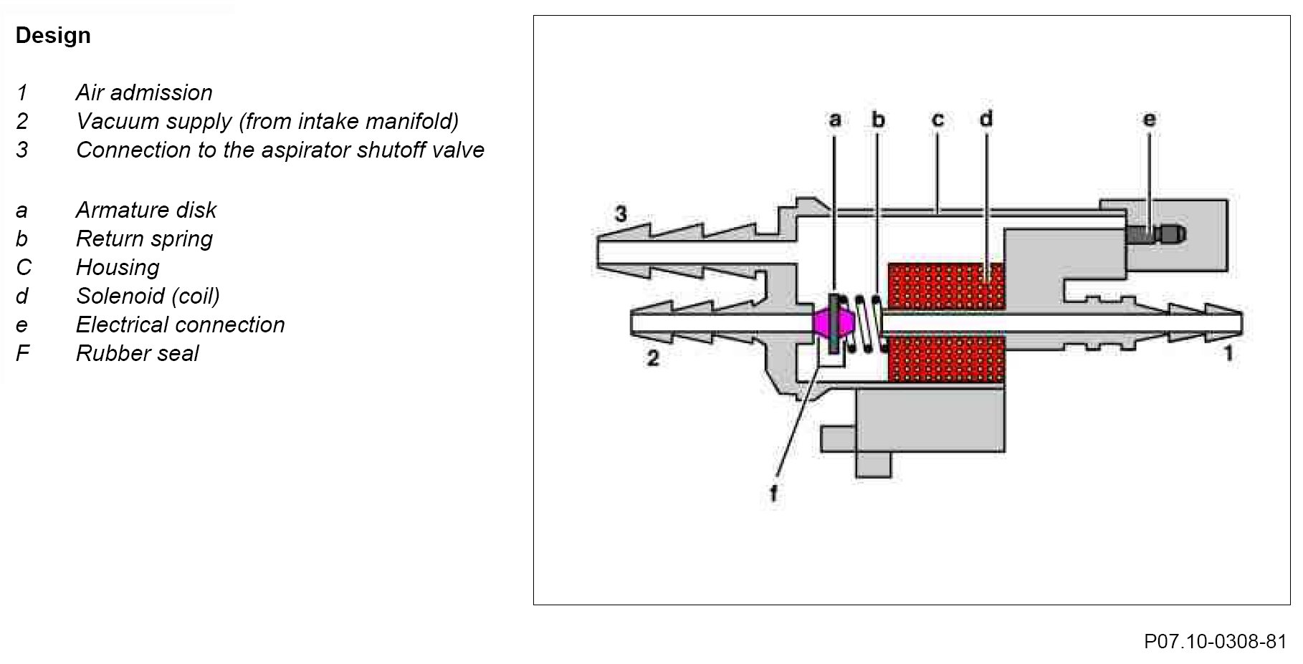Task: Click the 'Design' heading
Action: (x=53, y=35)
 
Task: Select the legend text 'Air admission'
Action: (x=144, y=92)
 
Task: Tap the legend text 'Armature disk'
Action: (x=146, y=210)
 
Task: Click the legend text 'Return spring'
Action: (x=144, y=239)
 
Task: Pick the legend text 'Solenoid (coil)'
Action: (x=148, y=296)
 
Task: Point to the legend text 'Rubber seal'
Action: (x=137, y=353)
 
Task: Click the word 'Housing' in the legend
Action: (x=118, y=267)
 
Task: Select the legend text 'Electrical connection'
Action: (x=180, y=324)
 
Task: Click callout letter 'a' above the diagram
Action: (x=834, y=120)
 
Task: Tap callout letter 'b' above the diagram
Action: (x=878, y=120)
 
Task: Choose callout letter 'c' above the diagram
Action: (x=937, y=120)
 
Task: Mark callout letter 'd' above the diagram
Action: (x=986, y=118)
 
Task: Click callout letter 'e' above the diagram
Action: (x=1149, y=120)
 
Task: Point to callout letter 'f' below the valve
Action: (x=773, y=494)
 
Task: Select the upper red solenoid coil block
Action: (x=946, y=286)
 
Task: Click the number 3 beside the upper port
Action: (x=621, y=213)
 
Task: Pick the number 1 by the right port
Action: (x=1228, y=353)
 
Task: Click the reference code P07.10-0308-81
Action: (x=1216, y=641)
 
